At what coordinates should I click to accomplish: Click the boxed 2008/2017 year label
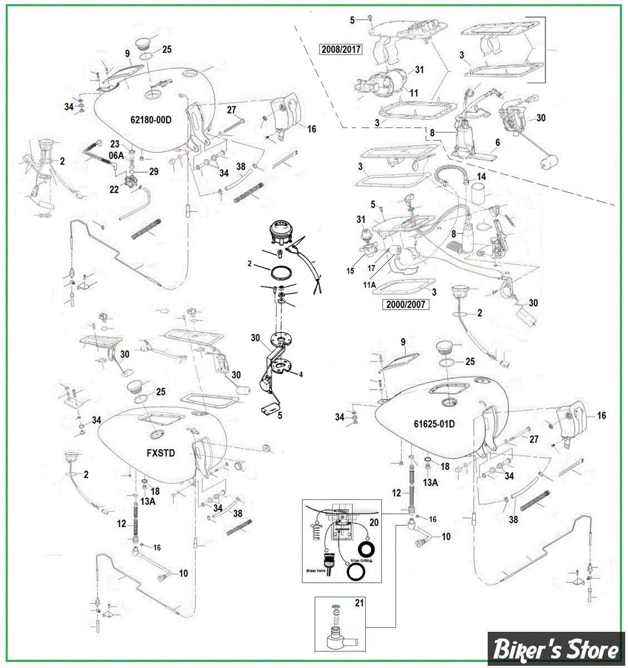click(341, 49)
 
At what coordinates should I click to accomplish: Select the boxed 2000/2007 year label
click(405, 304)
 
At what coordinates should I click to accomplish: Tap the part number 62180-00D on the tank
click(151, 120)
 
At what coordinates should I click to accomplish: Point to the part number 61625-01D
click(434, 424)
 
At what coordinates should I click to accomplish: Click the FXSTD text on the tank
click(161, 453)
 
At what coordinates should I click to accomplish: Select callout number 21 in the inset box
click(359, 603)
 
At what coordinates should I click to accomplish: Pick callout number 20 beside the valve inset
click(374, 522)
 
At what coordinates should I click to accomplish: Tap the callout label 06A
click(116, 156)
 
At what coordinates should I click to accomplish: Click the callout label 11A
click(370, 284)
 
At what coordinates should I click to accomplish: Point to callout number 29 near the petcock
click(154, 171)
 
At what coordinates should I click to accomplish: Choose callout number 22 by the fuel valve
click(114, 189)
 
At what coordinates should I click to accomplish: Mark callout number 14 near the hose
click(481, 176)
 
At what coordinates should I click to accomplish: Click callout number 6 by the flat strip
click(498, 143)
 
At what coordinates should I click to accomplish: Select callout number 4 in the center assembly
click(301, 375)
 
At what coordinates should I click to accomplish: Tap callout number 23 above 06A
click(115, 145)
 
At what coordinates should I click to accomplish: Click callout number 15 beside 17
click(350, 271)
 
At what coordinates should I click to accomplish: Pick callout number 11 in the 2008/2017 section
click(414, 93)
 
